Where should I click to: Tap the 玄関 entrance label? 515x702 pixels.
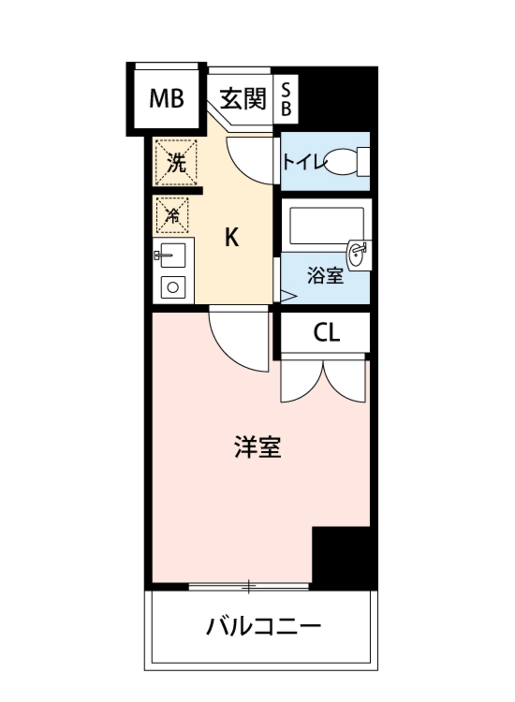click(243, 99)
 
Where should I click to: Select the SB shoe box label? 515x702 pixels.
click(286, 100)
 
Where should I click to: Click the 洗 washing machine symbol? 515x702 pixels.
click(176, 162)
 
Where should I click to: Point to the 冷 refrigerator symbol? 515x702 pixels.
click(172, 215)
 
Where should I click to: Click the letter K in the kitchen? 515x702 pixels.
click(232, 237)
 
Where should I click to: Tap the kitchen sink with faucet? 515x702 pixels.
click(172, 255)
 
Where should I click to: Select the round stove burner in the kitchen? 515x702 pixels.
click(173, 287)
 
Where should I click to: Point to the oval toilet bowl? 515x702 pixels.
click(341, 162)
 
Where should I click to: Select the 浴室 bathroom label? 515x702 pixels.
click(325, 275)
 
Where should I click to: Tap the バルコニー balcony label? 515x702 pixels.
click(263, 626)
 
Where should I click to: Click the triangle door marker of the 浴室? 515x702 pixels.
click(288, 296)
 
